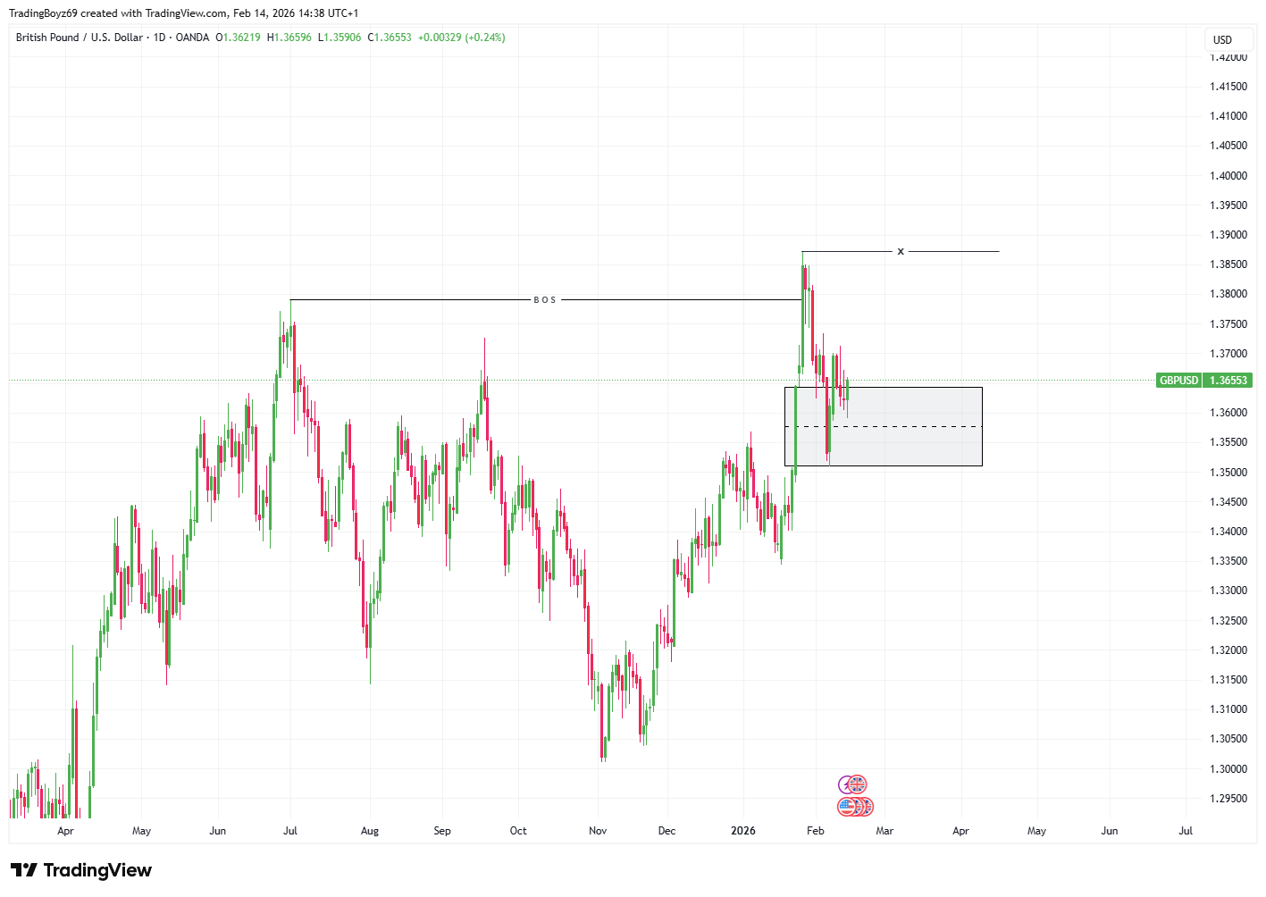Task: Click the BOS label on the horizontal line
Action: coord(545,300)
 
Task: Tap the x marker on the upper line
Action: coord(901,252)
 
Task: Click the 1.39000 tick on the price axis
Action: coord(1228,235)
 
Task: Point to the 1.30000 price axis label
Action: coord(1228,769)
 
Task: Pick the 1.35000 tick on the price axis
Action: coord(1228,473)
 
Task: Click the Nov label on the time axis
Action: coord(598,831)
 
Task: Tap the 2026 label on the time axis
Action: coord(742,831)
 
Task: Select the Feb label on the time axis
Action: coord(815,831)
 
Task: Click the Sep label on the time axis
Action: coord(442,831)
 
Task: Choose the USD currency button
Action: coord(1222,40)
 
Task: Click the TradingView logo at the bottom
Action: coord(81,870)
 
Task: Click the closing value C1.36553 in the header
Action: coord(390,38)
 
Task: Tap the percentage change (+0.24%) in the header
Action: coord(485,38)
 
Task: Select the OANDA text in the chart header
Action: coord(192,38)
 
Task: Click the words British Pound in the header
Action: coord(47,38)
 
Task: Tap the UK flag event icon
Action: coord(857,784)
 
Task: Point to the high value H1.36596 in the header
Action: coord(289,38)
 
